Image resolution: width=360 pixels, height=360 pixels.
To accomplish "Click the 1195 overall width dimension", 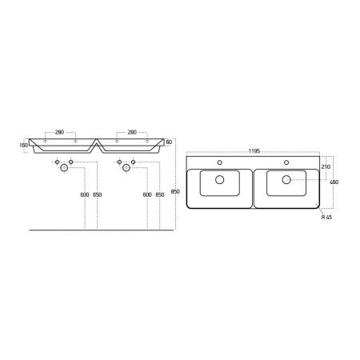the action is click(254, 151).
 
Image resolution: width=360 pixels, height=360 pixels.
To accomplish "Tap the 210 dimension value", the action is click(326, 166).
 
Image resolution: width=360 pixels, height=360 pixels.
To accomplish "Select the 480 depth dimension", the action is click(334, 182).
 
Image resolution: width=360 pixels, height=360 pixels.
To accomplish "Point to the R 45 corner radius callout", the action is click(326, 217).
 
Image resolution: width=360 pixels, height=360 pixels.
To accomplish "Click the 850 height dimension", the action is click(175, 191).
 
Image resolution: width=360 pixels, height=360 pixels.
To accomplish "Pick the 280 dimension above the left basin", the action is click(59, 132).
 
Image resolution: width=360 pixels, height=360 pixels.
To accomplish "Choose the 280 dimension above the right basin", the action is click(132, 132).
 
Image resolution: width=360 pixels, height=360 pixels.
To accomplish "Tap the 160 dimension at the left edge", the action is click(24, 146).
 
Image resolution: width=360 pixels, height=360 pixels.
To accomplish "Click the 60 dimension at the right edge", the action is click(169, 142).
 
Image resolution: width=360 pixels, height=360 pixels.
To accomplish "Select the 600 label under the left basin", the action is click(85, 194).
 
